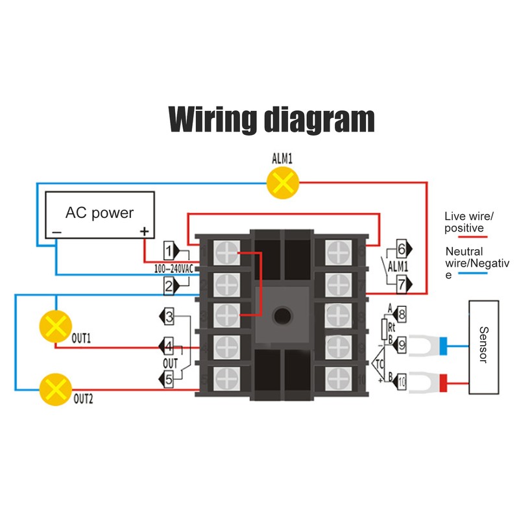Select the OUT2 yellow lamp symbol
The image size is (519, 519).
[55, 389]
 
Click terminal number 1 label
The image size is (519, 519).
[169, 250]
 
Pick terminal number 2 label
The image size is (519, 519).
[169, 285]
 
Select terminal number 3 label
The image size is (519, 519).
[169, 317]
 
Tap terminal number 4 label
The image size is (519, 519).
[169, 345]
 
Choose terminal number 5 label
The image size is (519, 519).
[169, 380]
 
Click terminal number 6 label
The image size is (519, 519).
[402, 248]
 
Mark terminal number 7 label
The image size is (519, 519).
[402, 283]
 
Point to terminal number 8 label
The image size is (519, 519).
[402, 315]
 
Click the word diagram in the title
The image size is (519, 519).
[319, 119]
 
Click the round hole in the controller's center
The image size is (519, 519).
[282, 316]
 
